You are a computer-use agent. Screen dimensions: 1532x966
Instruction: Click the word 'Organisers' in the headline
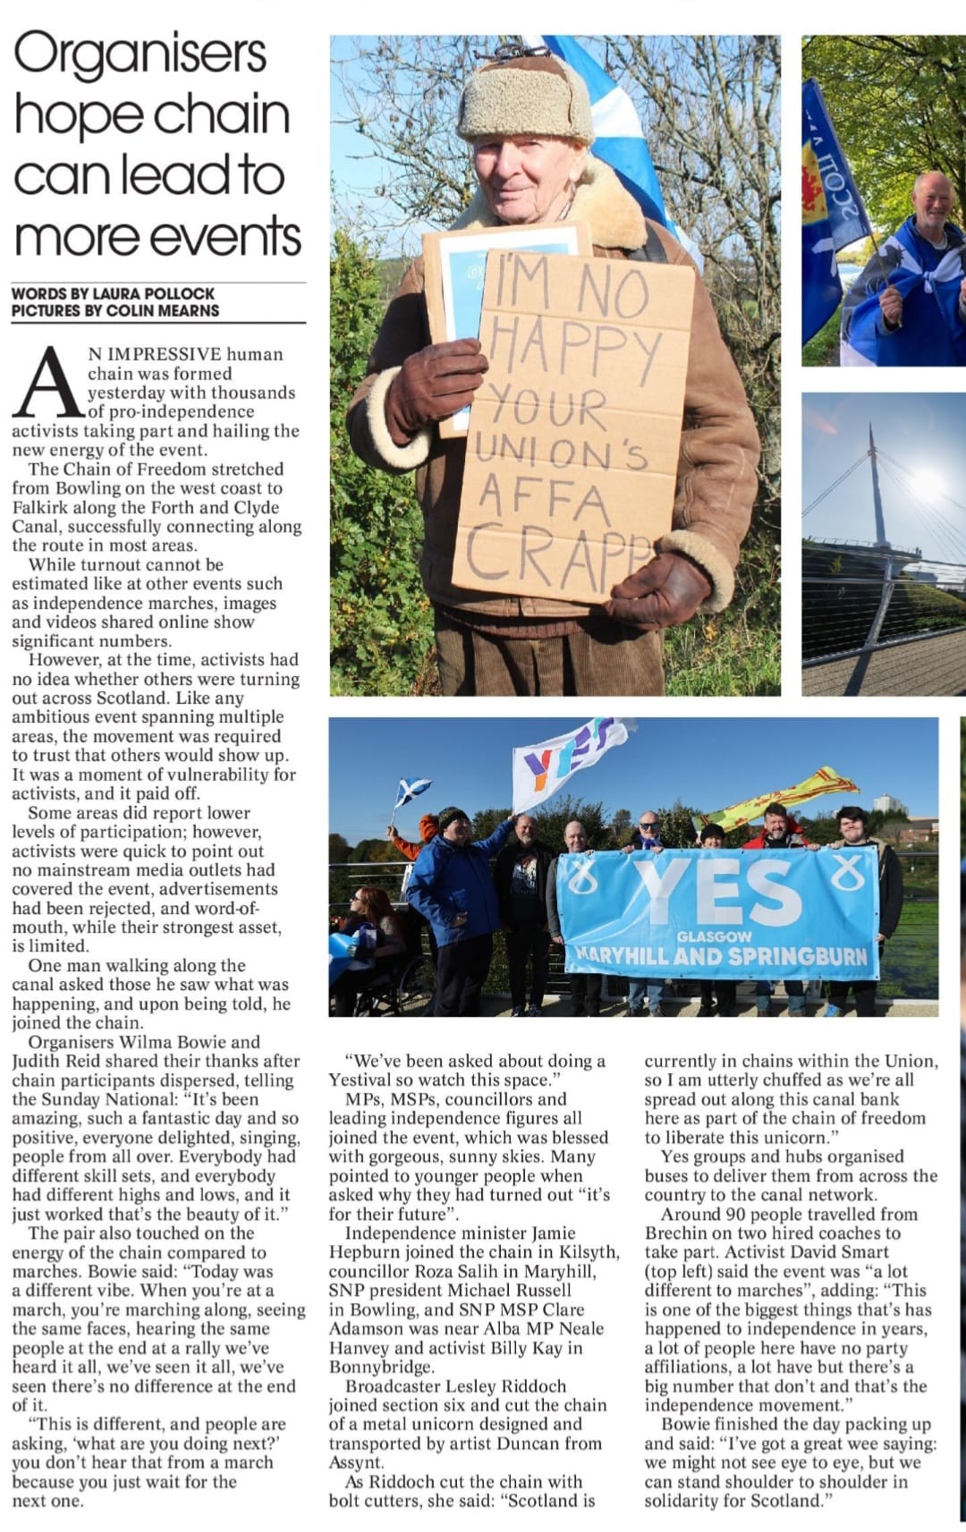point(140,55)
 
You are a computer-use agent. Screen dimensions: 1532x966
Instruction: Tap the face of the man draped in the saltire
point(934,202)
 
